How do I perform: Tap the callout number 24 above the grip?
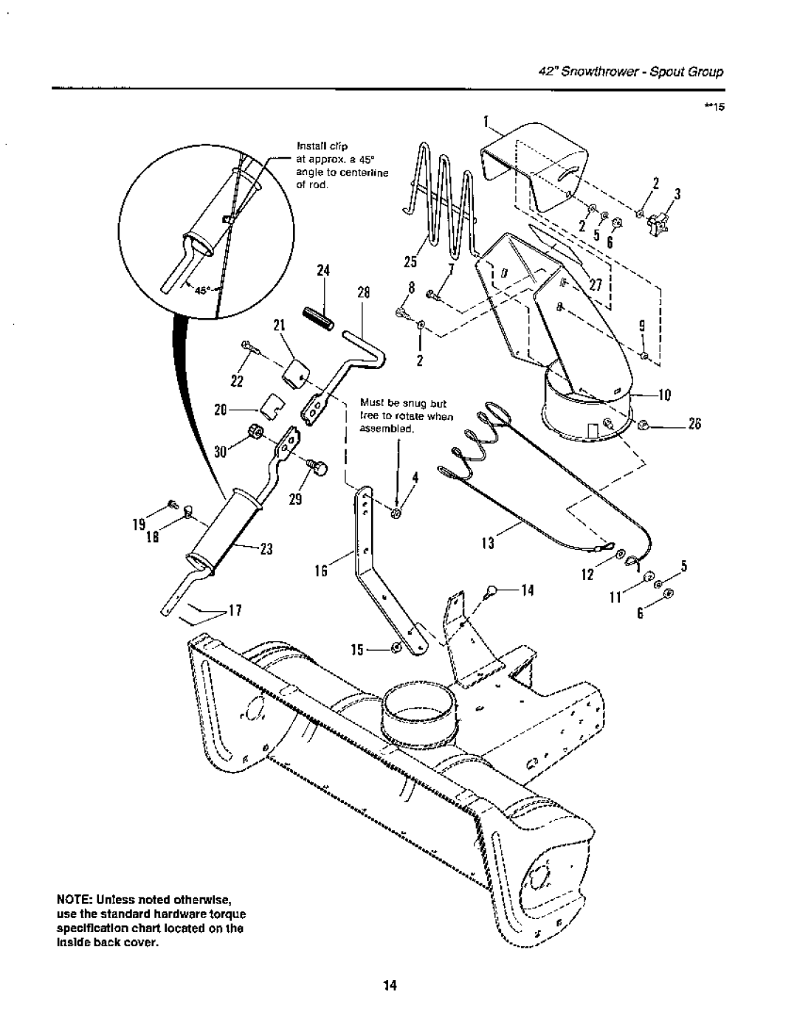[320, 271]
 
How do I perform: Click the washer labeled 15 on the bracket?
[396, 647]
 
